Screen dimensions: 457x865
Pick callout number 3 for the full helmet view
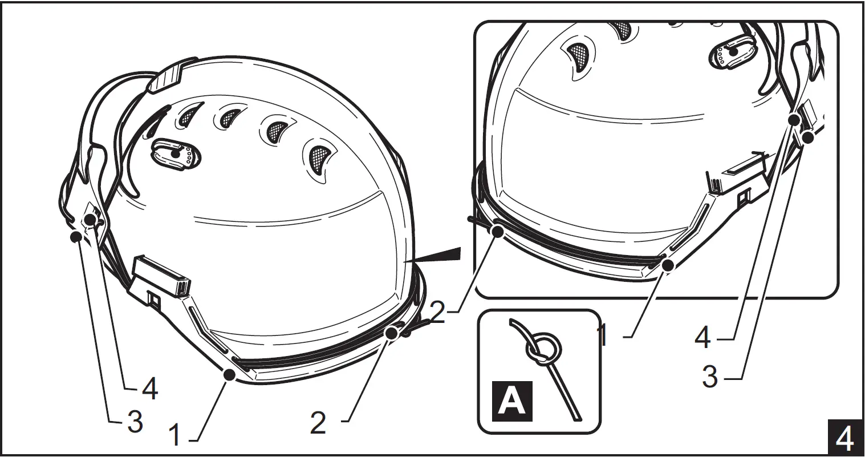[135, 422]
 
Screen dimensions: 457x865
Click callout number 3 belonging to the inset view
[710, 377]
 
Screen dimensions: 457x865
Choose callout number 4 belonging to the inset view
[702, 337]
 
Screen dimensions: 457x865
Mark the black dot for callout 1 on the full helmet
[230, 374]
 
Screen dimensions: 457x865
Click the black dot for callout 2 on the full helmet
[391, 332]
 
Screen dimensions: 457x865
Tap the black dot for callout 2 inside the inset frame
[498, 231]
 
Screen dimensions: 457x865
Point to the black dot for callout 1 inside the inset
[668, 264]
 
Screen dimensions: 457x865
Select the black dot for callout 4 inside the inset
[794, 119]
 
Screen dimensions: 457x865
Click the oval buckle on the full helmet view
[175, 153]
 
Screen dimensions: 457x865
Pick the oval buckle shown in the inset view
[733, 53]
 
